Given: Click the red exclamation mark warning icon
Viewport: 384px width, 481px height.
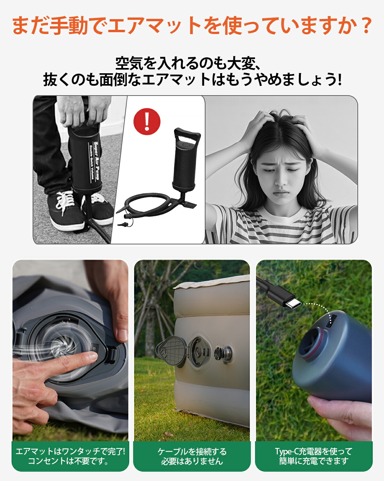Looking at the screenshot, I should [x=147, y=121].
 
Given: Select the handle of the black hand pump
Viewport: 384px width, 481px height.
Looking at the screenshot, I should [x=188, y=137].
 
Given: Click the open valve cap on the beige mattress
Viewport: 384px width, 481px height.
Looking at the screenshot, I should [x=172, y=351].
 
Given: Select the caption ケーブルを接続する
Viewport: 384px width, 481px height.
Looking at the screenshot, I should [x=192, y=451].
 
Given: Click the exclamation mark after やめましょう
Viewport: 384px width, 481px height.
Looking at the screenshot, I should [x=340, y=80].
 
